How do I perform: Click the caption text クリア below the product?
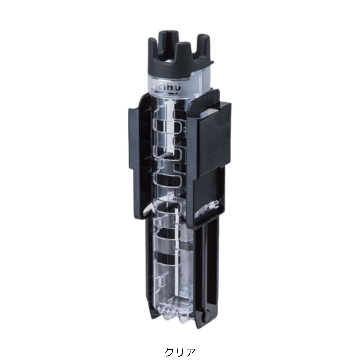(180, 351)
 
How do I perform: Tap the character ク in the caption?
(170, 351)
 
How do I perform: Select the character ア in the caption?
(190, 351)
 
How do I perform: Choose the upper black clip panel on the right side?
(213, 140)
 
